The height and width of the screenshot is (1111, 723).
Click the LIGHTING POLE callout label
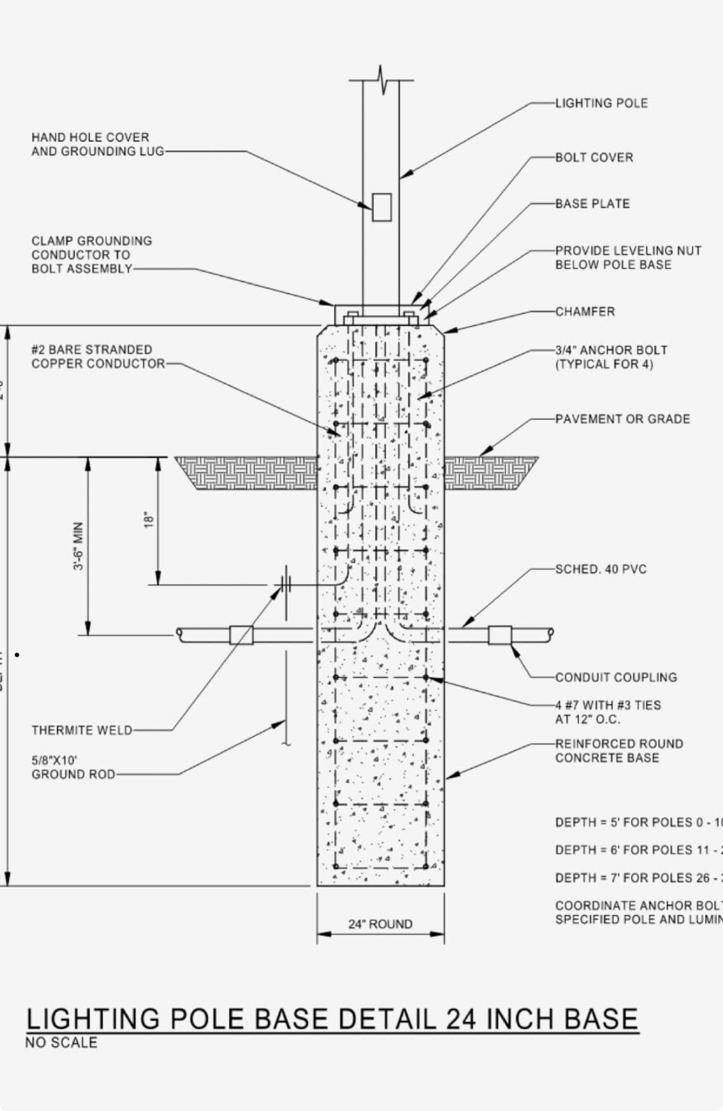pyautogui.click(x=601, y=103)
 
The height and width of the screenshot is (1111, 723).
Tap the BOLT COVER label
pyautogui.click(x=594, y=157)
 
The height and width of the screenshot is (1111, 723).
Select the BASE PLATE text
pyautogui.click(x=592, y=204)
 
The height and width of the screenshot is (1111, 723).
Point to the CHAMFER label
pyautogui.click(x=585, y=312)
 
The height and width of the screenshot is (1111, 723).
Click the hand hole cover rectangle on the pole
pyautogui.click(x=381, y=207)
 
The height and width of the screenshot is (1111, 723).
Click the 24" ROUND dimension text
pyautogui.click(x=380, y=924)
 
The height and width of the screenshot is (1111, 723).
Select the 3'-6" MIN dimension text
pyautogui.click(x=78, y=547)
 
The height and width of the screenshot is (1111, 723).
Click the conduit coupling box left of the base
pyautogui.click(x=241, y=635)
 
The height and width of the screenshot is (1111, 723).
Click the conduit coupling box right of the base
pyautogui.click(x=500, y=635)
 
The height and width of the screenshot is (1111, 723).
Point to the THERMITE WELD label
pyautogui.click(x=82, y=731)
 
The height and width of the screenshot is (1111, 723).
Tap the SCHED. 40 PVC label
pyautogui.click(x=601, y=569)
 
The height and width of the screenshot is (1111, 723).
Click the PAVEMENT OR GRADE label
pyautogui.click(x=622, y=419)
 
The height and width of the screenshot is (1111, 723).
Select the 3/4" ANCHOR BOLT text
pyautogui.click(x=611, y=350)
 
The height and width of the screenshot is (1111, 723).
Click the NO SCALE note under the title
pyautogui.click(x=61, y=1042)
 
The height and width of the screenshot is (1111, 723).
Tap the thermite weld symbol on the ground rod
pyautogui.click(x=285, y=584)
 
